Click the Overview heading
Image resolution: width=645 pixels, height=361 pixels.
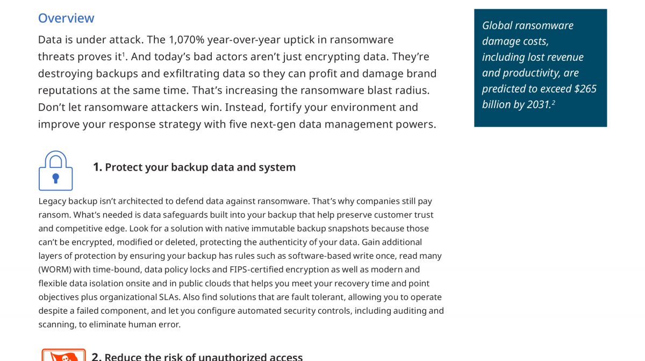point(66,18)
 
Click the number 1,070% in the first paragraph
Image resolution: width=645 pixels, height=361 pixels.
point(188,40)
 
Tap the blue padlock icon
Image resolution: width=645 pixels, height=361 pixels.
point(55,171)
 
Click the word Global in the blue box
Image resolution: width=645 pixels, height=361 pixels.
point(498,25)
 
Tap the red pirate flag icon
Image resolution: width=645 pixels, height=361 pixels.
point(63,355)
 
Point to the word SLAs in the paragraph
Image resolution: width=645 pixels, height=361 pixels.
point(168,297)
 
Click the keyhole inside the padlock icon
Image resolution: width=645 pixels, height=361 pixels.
point(55,178)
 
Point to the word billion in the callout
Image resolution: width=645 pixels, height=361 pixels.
point(497,104)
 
